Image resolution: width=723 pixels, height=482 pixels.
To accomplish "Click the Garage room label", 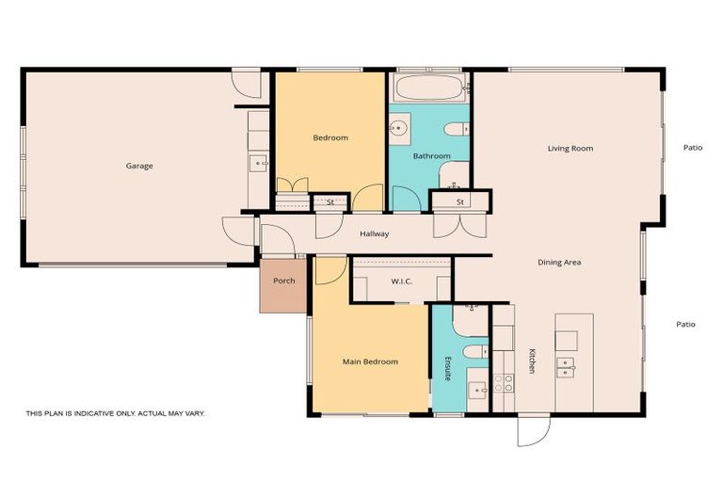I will click(x=139, y=167).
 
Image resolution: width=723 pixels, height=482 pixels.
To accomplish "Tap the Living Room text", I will click(x=570, y=149).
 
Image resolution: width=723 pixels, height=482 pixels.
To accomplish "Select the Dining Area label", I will click(x=559, y=263).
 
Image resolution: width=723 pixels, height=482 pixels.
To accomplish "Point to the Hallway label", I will click(x=374, y=234).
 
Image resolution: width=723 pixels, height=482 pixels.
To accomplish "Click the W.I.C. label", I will click(x=403, y=281).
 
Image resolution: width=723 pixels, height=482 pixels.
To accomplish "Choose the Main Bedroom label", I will click(x=369, y=361).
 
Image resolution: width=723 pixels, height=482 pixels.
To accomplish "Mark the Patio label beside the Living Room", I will click(x=693, y=148).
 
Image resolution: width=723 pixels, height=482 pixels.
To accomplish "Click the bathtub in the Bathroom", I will click(x=429, y=89).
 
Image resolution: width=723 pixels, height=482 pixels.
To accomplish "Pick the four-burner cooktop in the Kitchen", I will click(x=504, y=383).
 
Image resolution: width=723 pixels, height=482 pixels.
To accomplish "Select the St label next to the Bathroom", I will click(x=460, y=202).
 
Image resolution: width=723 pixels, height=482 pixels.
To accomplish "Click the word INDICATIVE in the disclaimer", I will click(x=99, y=413).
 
